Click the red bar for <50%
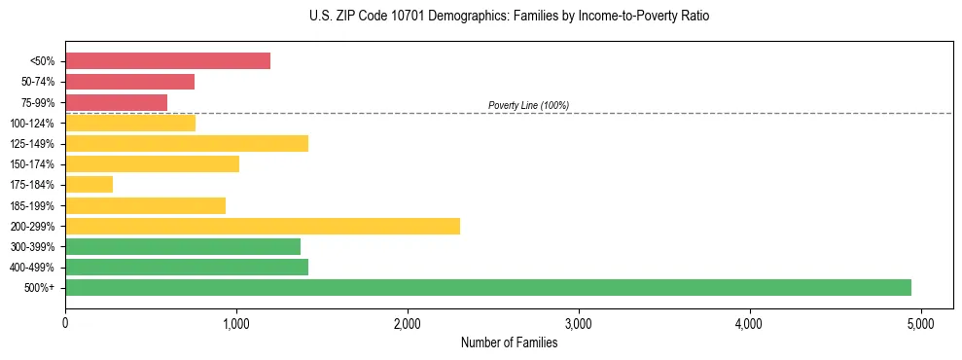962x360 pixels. pyautogui.click(x=167, y=61)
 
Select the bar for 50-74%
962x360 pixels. pyautogui.click(x=129, y=82)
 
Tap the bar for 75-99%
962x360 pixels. pyautogui.click(x=116, y=102)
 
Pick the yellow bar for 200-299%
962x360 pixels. pyautogui.click(x=263, y=227)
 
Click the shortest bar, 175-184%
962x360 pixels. pyautogui.click(x=89, y=185)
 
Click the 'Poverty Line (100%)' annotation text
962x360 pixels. pyautogui.click(x=528, y=105)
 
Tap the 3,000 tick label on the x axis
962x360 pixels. pyautogui.click(x=579, y=323)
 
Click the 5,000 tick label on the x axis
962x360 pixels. pyautogui.click(x=921, y=323)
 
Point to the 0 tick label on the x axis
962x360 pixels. pyautogui.click(x=65, y=323)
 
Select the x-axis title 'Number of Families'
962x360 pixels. pyautogui.click(x=509, y=342)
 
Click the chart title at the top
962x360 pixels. pyautogui.click(x=509, y=17)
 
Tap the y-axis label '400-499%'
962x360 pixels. pyautogui.click(x=33, y=268)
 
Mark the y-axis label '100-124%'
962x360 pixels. pyautogui.click(x=33, y=124)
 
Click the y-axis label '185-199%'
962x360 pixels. pyautogui.click(x=33, y=206)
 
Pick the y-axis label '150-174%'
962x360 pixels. pyautogui.click(x=33, y=164)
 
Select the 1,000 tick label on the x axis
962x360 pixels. pyautogui.click(x=236, y=323)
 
